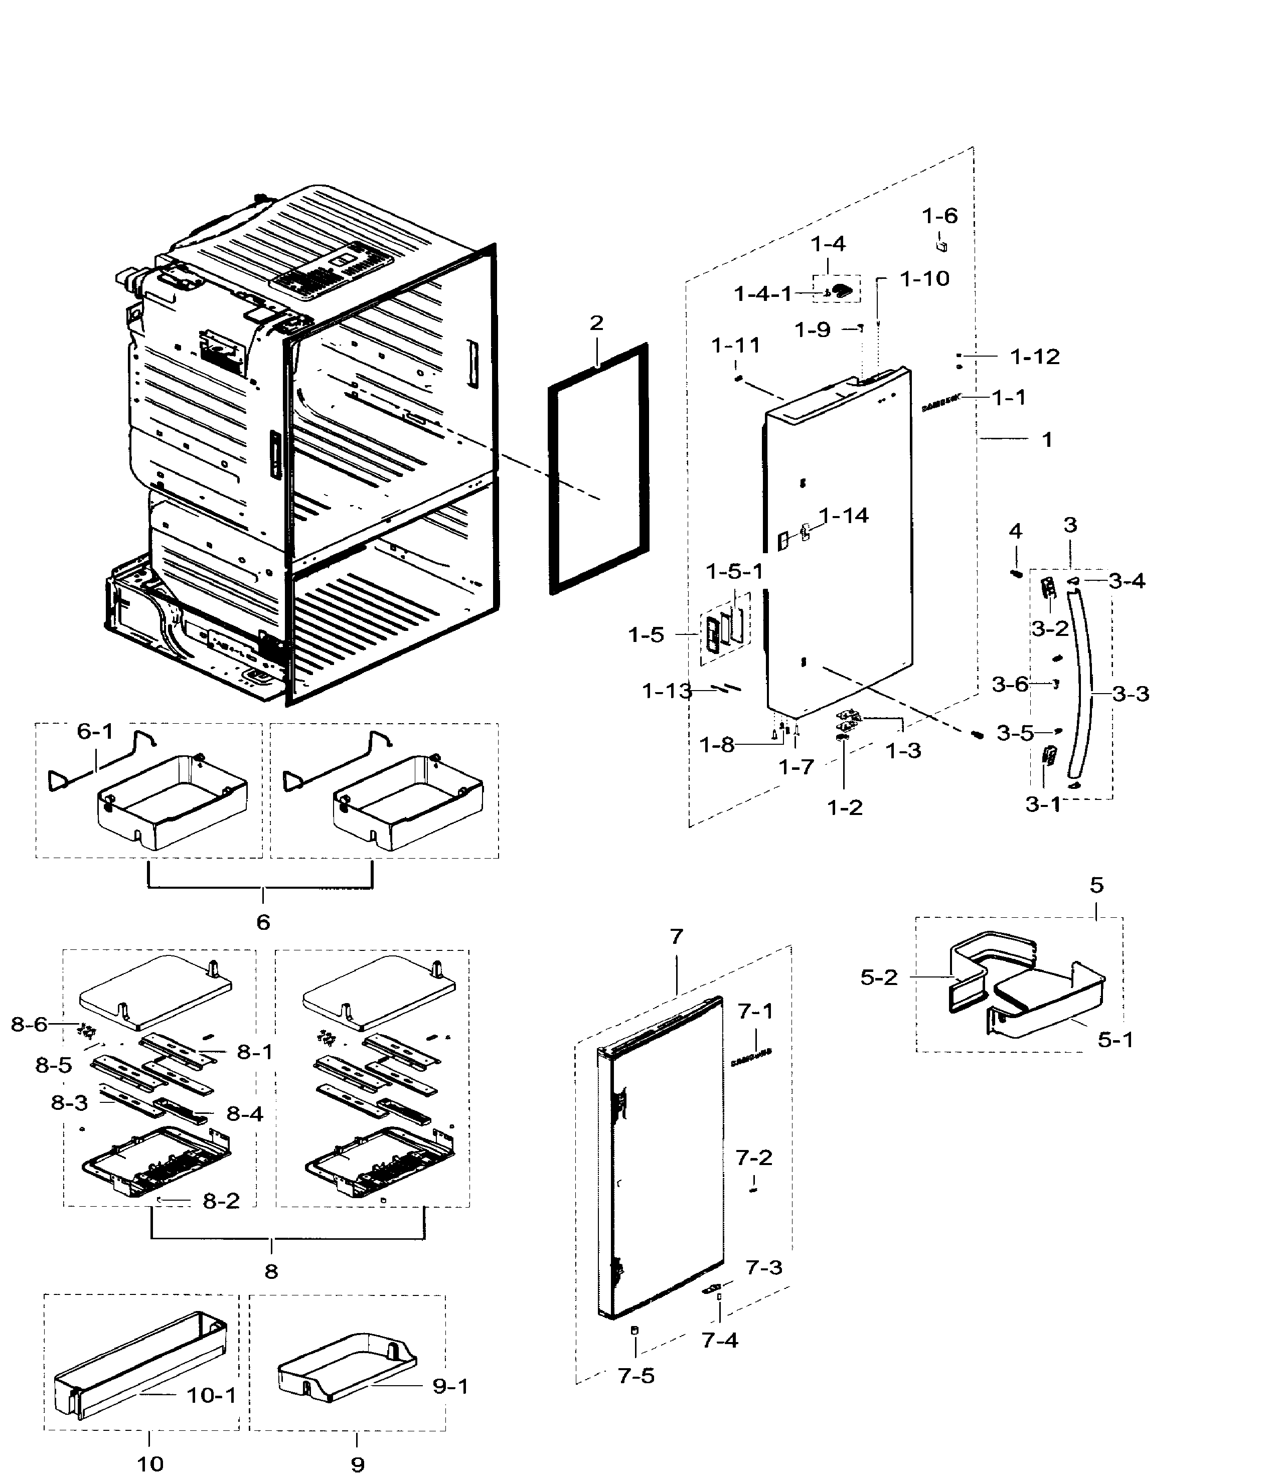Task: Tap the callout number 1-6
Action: (939, 216)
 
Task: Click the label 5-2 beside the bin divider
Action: (878, 977)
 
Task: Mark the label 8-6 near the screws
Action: (29, 1024)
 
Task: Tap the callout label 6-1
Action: (95, 731)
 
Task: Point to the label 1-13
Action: (667, 691)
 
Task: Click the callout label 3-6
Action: (1010, 684)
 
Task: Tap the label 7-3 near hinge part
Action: (764, 1267)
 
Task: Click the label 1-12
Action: (1034, 356)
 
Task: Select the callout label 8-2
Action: (221, 1201)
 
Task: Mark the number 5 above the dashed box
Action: (1096, 885)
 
